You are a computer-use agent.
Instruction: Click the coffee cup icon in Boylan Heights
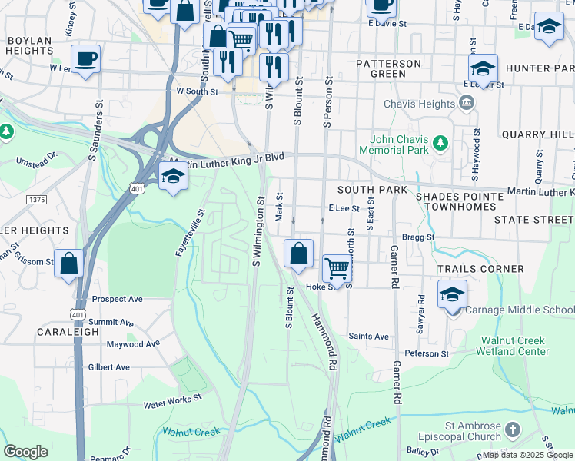coord(85,58)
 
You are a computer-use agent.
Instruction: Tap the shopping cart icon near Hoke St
coord(337,268)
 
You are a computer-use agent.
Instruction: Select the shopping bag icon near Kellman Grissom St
coord(69,264)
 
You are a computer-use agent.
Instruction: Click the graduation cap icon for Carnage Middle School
coord(453,294)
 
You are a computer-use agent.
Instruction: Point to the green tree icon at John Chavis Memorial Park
coord(440,143)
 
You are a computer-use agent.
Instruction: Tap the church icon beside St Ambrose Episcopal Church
coord(514,428)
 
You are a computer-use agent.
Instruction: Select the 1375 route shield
coord(36,200)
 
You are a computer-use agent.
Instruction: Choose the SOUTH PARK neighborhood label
coord(371,189)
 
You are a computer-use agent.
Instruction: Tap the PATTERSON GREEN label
coord(389,68)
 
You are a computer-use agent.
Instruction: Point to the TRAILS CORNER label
coord(480,269)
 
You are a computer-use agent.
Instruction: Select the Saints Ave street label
coord(368,336)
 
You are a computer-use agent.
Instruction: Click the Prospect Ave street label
coord(117,299)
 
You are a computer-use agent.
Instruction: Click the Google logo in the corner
coord(25,452)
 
